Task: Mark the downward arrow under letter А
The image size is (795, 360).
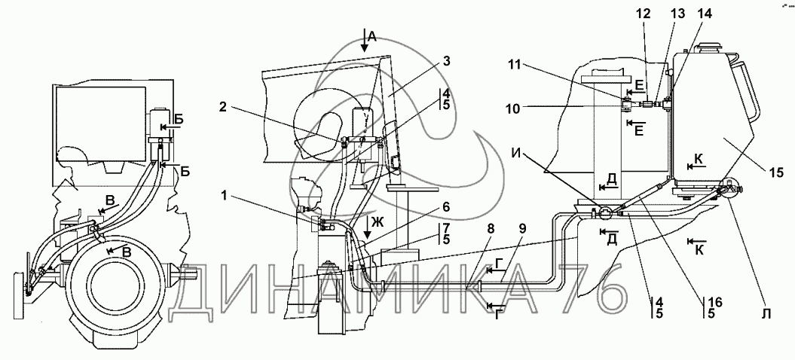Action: [364, 41]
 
